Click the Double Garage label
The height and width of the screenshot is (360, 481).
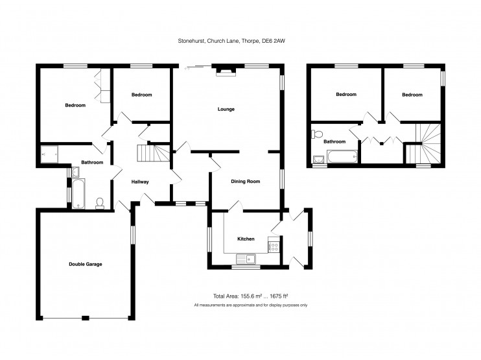click(x=86, y=264)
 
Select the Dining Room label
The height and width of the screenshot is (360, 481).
click(x=246, y=182)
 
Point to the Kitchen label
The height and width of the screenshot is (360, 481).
click(x=246, y=239)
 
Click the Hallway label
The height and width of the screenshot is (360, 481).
click(x=140, y=182)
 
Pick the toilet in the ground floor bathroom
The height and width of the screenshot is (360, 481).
click(x=100, y=204)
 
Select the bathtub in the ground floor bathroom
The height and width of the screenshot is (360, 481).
click(x=76, y=195)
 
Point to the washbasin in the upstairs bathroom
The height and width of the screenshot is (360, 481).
click(x=318, y=159)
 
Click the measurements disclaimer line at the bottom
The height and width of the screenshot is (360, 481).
click(x=250, y=305)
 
